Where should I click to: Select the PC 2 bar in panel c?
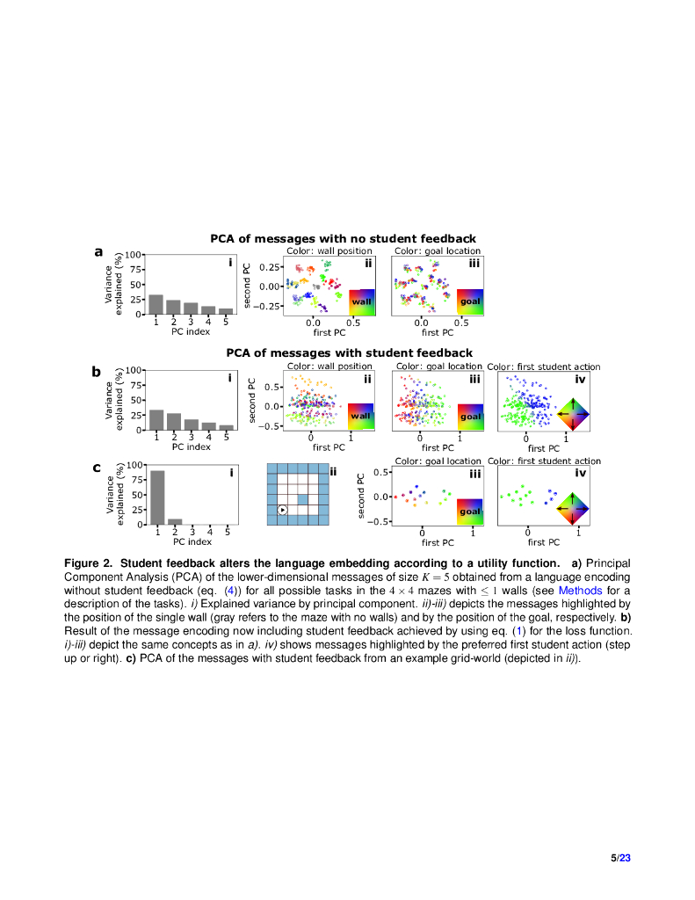[175, 521]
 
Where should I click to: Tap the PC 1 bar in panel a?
[156, 304]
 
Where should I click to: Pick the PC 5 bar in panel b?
[226, 427]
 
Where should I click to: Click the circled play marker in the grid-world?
[282, 510]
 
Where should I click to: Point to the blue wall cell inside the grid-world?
[302, 499]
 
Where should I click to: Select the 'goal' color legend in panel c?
[470, 511]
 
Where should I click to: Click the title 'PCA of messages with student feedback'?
[349, 353]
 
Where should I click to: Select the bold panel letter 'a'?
[99, 251]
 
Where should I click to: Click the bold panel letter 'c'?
[98, 468]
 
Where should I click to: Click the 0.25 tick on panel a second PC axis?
[270, 267]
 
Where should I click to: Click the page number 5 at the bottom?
[613, 858]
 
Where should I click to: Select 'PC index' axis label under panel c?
[191, 541]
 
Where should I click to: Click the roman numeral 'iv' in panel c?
[580, 474]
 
